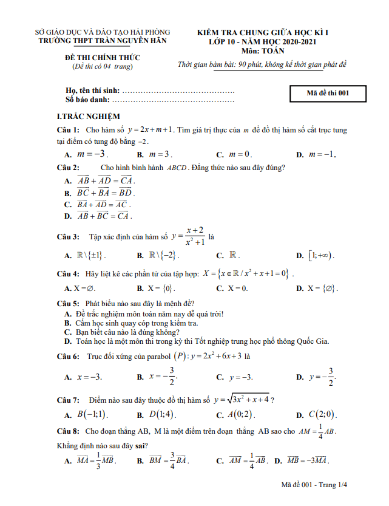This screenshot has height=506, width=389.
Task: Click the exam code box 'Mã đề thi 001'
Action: (328, 93)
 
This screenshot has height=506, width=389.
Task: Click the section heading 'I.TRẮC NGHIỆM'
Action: (88, 116)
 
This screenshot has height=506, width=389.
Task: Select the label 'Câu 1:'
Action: (68, 129)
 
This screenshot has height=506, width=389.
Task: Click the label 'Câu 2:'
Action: (68, 168)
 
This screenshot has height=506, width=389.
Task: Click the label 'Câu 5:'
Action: (68, 303)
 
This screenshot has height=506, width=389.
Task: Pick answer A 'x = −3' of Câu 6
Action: (89, 377)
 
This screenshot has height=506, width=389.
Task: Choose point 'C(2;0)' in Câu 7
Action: (322, 415)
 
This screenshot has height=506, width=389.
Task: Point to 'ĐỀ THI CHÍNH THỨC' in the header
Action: (103, 58)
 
